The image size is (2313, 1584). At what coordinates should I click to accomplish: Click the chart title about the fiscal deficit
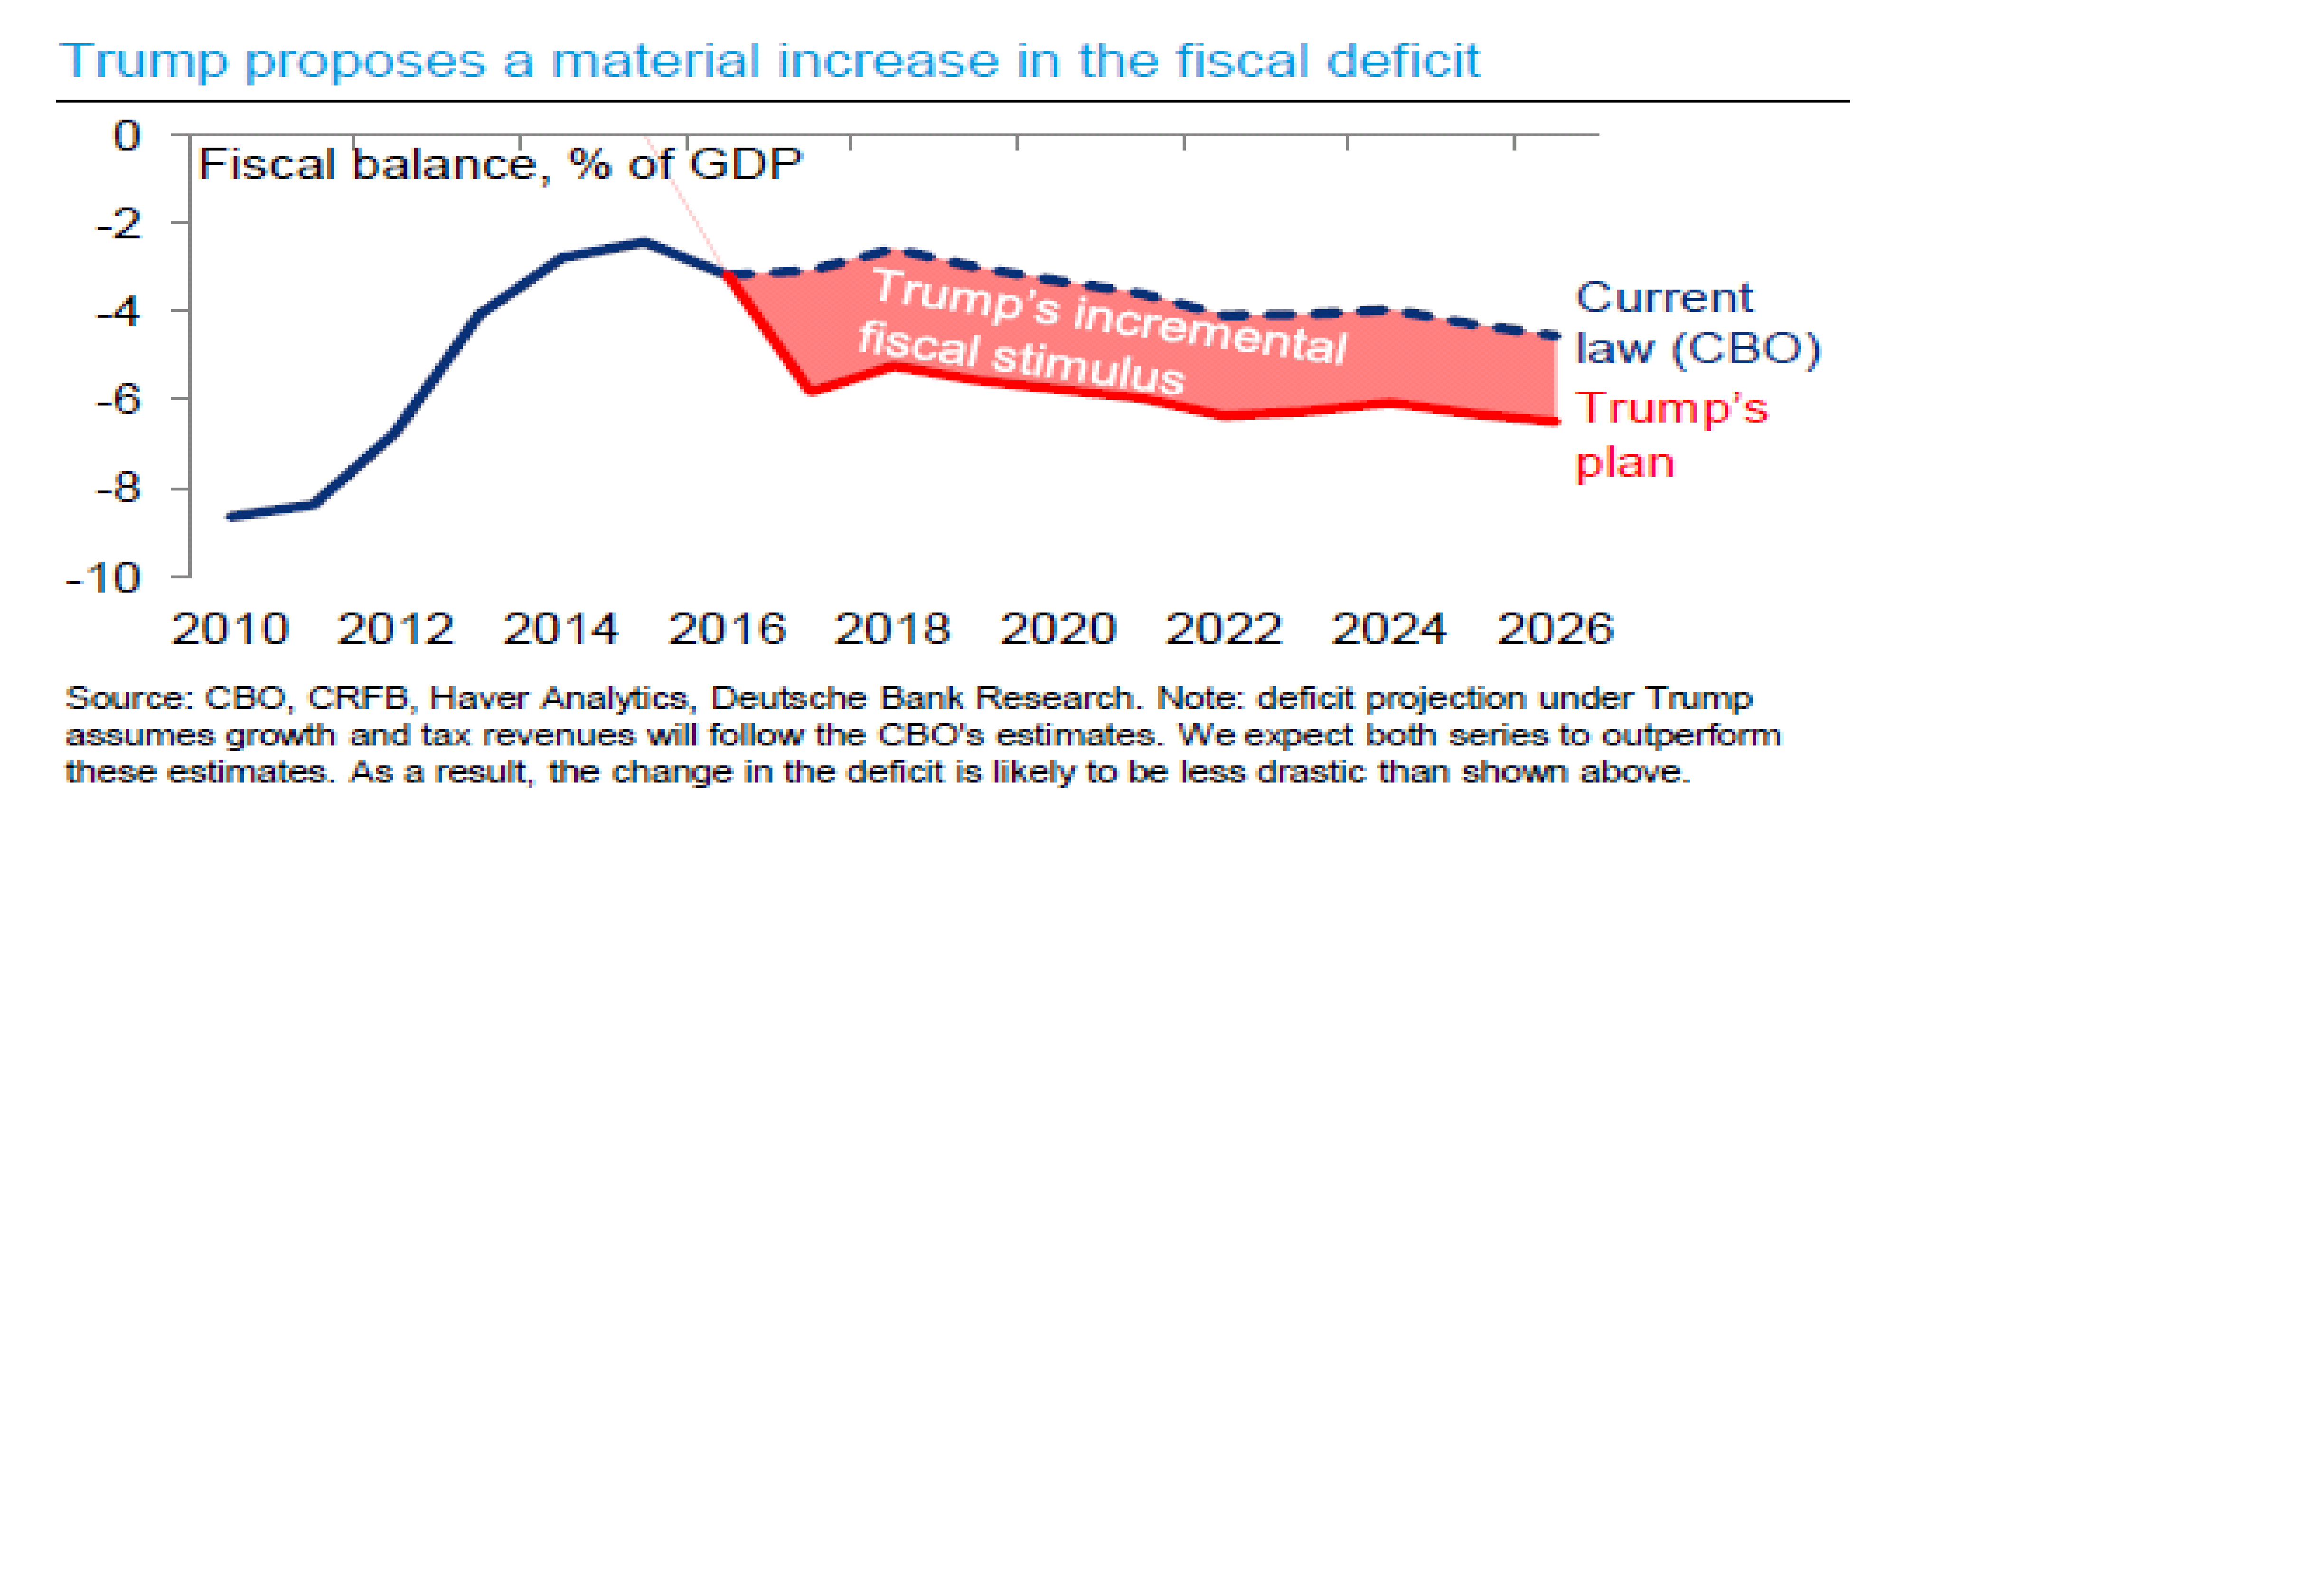click(770, 62)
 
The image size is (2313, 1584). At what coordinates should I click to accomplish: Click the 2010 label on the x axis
click(230, 629)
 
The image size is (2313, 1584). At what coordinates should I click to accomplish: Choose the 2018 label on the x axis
click(892, 629)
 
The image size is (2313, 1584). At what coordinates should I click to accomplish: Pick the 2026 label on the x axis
click(1555, 629)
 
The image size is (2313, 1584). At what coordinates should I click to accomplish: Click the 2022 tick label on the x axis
click(1223, 629)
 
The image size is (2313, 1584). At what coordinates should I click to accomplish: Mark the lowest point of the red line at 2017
click(811, 390)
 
